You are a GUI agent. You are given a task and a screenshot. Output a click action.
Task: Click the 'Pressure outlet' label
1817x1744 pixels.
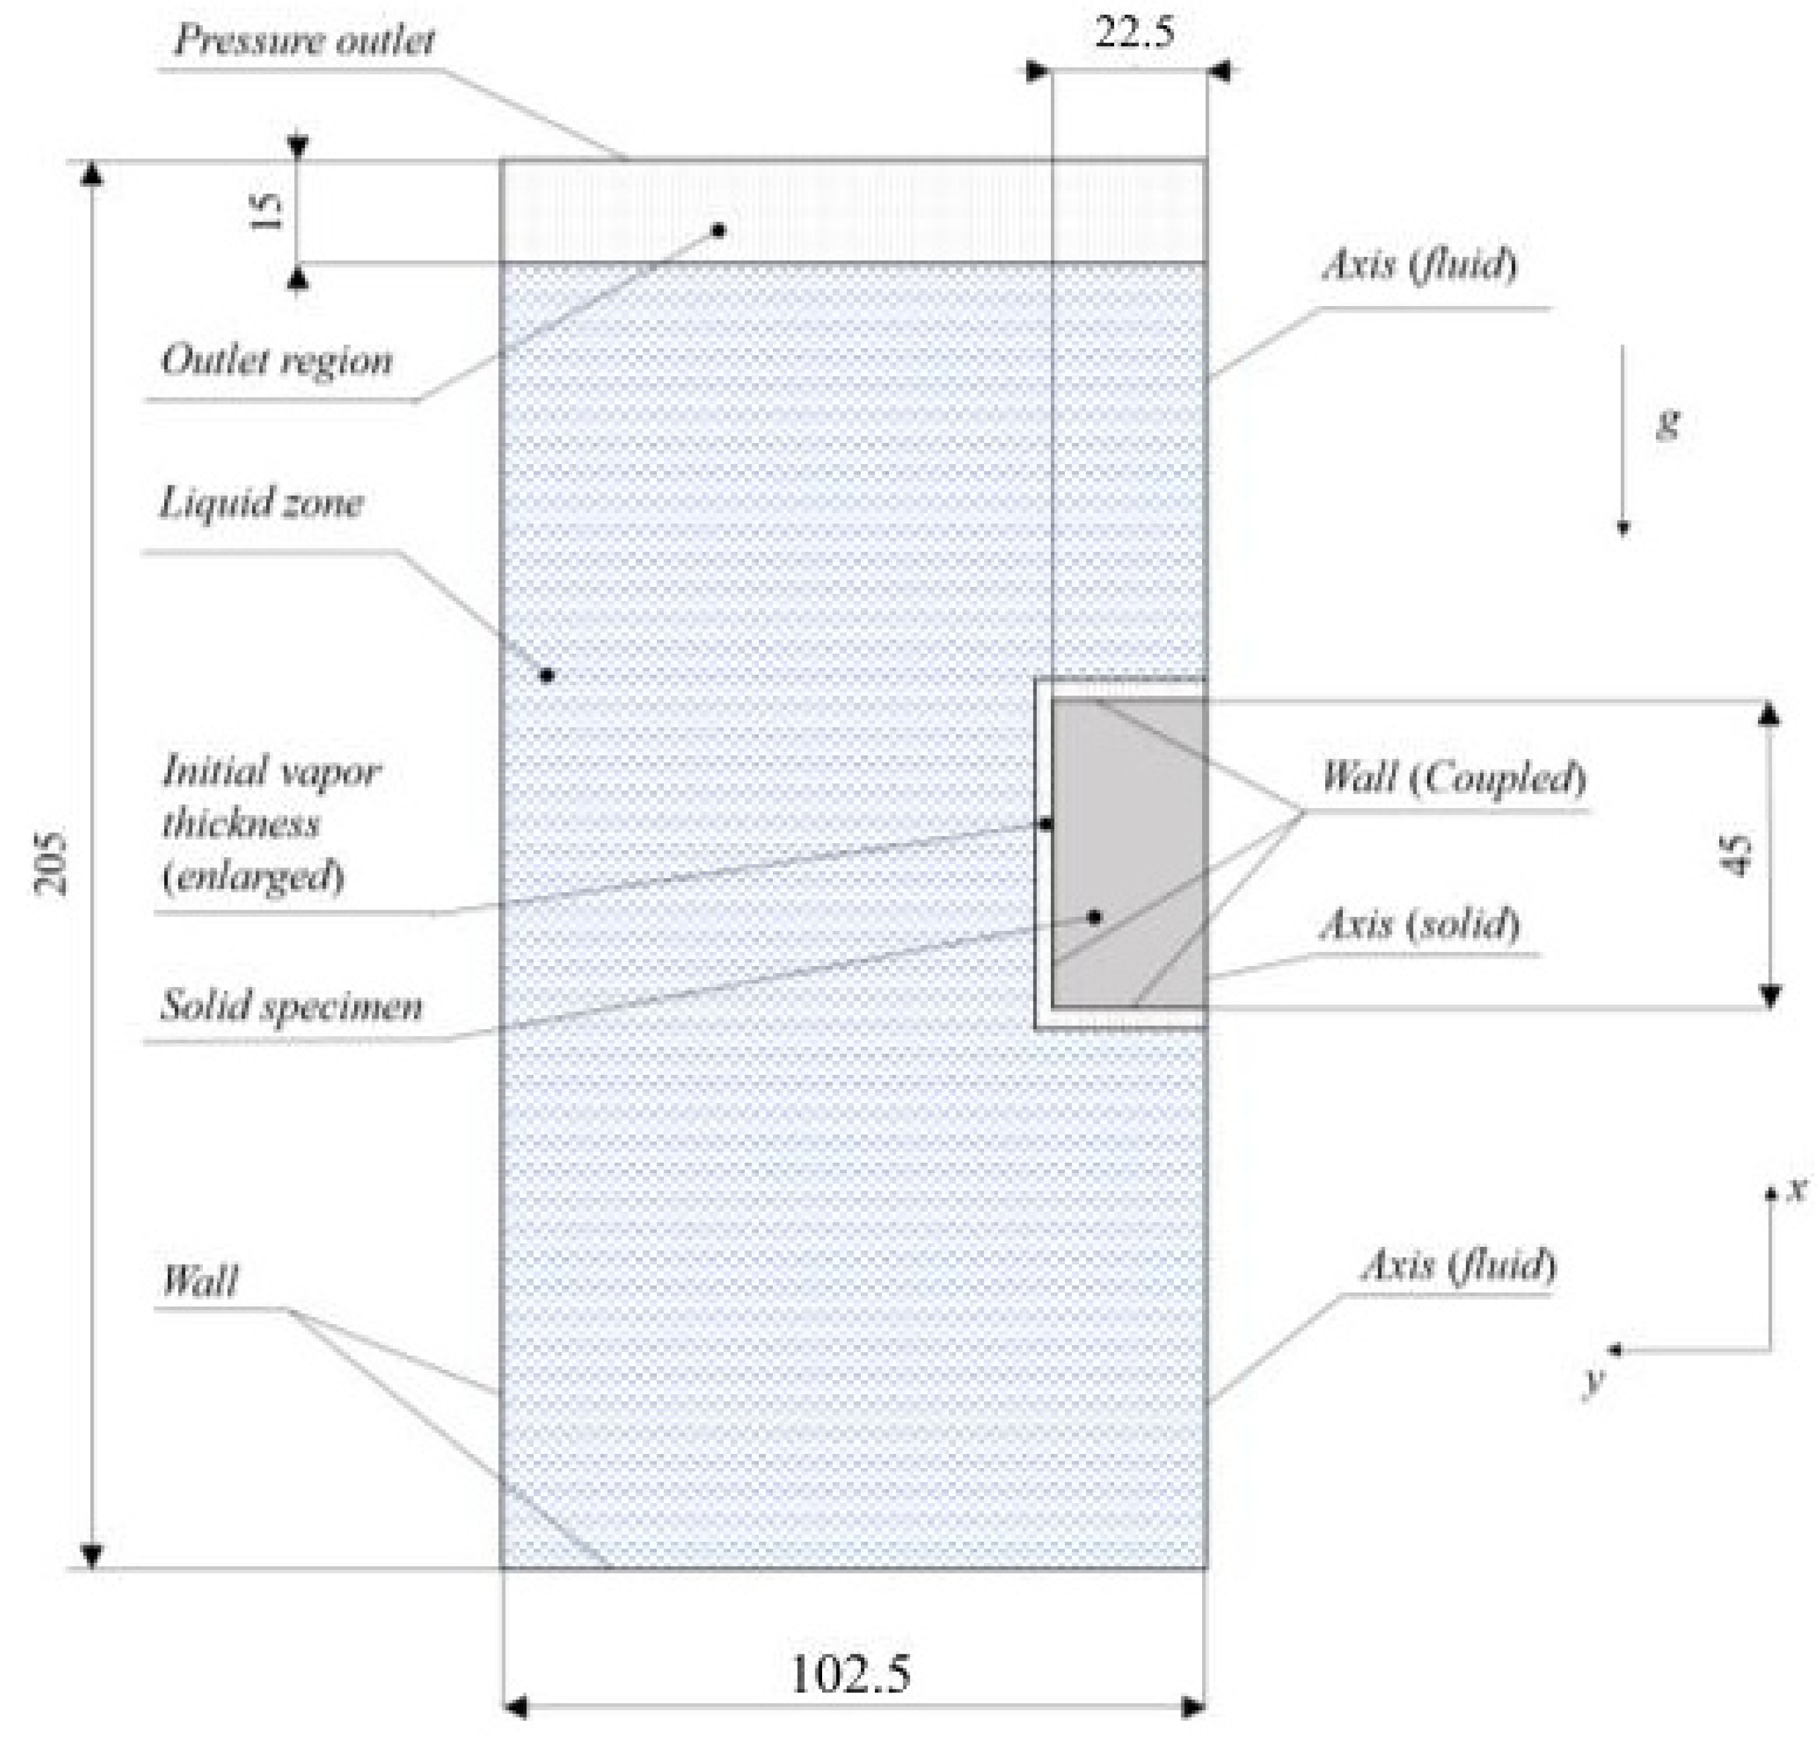304,41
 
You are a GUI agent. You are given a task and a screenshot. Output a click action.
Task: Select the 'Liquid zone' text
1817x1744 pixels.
261,503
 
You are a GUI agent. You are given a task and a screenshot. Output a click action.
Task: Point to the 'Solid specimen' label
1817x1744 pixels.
291,1005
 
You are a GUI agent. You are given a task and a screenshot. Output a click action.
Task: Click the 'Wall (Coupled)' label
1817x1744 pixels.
1452,777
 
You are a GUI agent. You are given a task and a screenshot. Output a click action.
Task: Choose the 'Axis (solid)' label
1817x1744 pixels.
1419,924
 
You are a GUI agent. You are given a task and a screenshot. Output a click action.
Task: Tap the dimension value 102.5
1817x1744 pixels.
850,1673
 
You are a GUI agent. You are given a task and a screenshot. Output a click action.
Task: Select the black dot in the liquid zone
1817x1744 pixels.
547,675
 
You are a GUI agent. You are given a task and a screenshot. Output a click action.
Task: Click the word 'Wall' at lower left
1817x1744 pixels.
199,1280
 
